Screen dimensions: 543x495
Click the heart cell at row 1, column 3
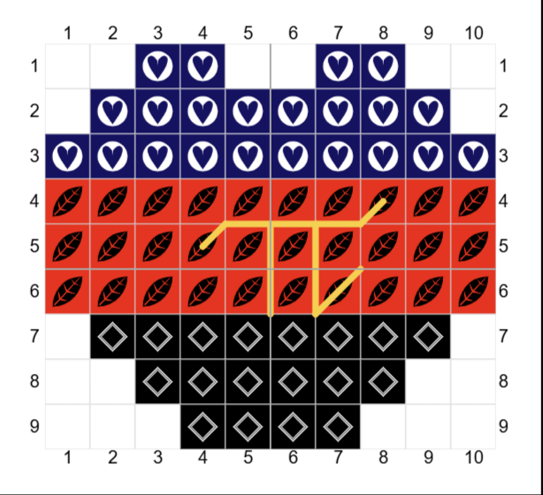(157, 65)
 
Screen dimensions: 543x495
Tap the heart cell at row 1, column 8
(383, 65)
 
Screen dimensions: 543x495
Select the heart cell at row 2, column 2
(112, 111)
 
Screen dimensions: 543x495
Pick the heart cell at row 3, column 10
(473, 156)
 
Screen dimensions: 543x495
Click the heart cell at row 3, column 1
(67, 156)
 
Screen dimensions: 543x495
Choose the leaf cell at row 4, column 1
(67, 202)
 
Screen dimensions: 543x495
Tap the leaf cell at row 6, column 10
(473, 292)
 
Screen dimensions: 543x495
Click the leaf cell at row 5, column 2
(112, 246)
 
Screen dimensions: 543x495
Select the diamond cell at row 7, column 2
(112, 336)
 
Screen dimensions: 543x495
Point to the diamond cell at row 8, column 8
(383, 382)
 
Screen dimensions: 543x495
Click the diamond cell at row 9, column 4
(203, 426)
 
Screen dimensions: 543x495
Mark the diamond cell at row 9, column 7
(338, 426)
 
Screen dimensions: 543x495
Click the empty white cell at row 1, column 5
(248, 65)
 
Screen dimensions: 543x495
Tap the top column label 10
(473, 34)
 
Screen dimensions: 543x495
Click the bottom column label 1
(68, 457)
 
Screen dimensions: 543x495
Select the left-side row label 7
(34, 336)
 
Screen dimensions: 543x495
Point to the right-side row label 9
(503, 426)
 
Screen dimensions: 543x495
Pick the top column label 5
(248, 34)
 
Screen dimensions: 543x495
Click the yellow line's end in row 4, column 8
(383, 201)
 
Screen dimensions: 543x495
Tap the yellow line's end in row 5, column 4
(203, 246)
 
